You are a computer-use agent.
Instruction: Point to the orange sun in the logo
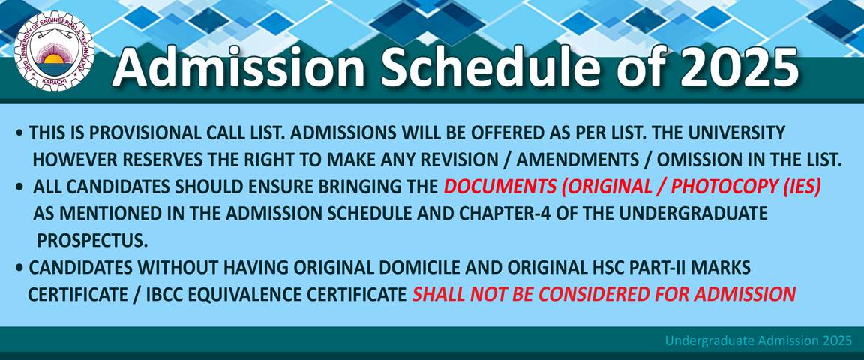click(x=54, y=58)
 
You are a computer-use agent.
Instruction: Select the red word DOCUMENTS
click(x=498, y=187)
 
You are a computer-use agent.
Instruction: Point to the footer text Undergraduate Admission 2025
click(x=758, y=340)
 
